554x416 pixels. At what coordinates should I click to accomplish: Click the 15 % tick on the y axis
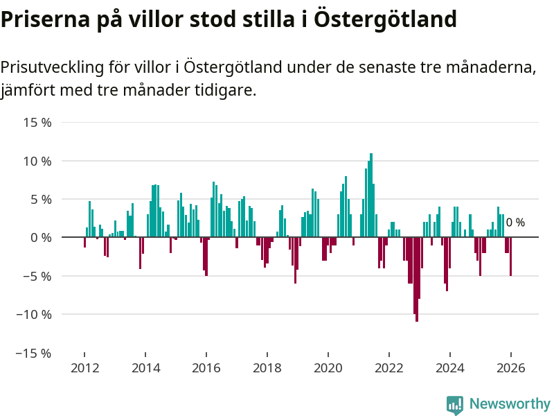coord(37,123)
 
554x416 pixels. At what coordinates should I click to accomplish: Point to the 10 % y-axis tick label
coord(37,161)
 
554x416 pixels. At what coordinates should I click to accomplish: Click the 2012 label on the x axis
coord(84,368)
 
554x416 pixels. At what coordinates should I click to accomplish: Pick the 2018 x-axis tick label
coord(267,368)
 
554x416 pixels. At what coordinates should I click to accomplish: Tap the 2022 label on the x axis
coord(389,368)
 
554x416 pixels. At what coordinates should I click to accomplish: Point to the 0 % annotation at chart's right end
coord(515,223)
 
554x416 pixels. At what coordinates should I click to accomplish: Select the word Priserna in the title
coord(42,19)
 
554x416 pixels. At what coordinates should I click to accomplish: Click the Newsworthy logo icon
coord(455,405)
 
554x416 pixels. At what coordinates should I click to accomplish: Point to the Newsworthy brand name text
coord(510,404)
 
